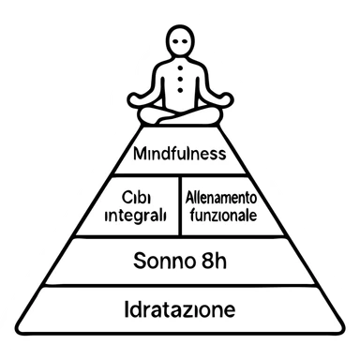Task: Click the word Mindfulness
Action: point(181,153)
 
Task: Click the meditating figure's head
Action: point(180,43)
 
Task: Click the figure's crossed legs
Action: point(180,115)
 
